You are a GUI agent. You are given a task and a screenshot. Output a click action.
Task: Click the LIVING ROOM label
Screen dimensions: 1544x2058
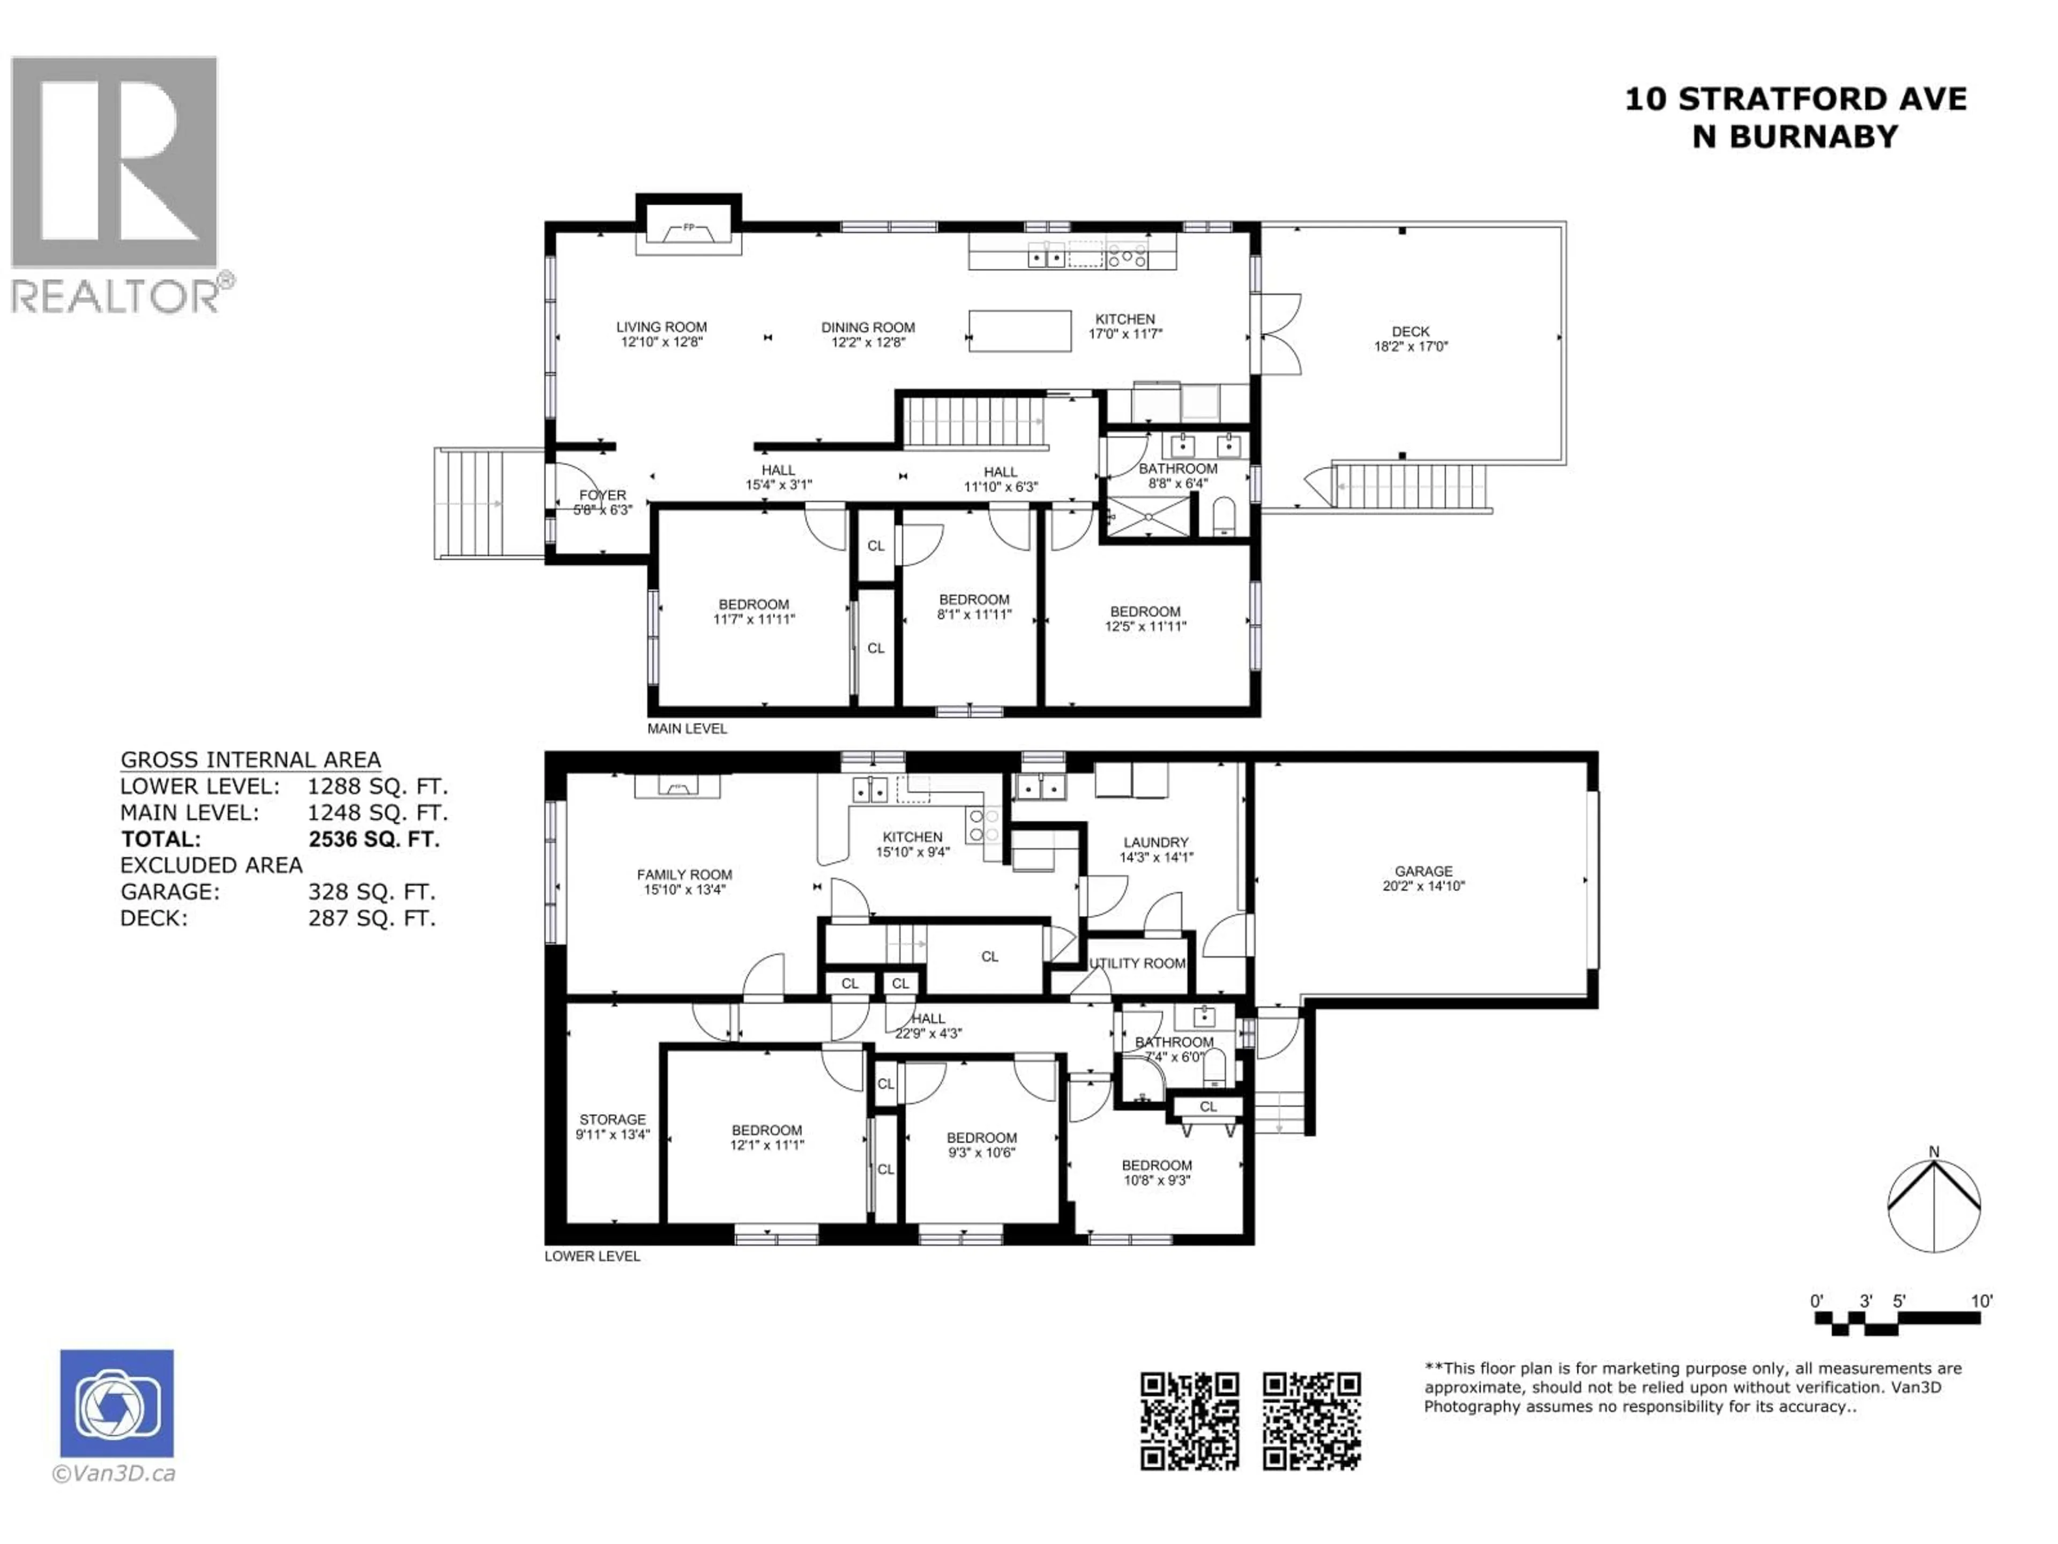tap(661, 326)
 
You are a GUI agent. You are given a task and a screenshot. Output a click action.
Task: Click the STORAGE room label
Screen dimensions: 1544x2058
tap(612, 1119)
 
